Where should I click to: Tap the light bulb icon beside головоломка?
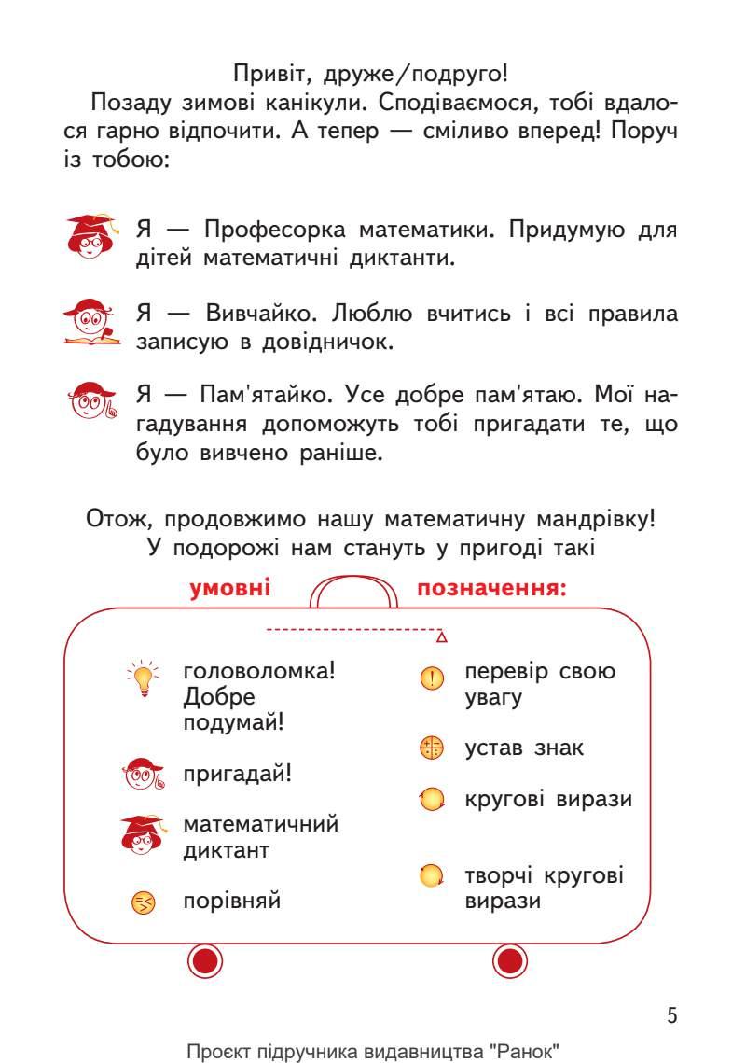[x=143, y=678]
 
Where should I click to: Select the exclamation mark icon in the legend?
[x=431, y=678]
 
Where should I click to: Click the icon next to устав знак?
[x=431, y=748]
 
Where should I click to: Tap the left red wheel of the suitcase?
[x=207, y=960]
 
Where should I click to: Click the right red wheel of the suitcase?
[x=510, y=960]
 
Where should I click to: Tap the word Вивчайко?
[x=260, y=314]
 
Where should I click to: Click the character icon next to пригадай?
[x=143, y=774]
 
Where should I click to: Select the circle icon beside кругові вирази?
[x=431, y=800]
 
